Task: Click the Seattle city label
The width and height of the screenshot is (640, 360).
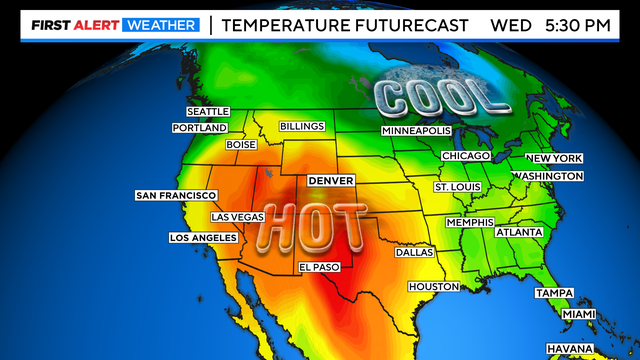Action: click(x=209, y=111)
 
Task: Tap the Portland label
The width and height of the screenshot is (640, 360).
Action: click(x=201, y=128)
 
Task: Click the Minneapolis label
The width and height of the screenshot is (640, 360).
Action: click(x=417, y=131)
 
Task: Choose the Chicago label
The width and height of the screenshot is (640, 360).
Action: click(x=466, y=156)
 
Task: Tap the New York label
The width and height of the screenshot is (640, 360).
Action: click(x=554, y=159)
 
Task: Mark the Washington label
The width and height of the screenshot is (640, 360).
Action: click(x=547, y=176)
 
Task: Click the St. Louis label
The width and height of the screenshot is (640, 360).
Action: click(x=457, y=187)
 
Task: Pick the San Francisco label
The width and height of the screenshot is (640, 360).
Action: click(x=175, y=195)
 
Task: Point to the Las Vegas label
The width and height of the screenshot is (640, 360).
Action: click(x=237, y=217)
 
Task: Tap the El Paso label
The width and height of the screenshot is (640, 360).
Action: click(x=320, y=267)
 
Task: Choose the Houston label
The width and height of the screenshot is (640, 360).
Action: click(x=433, y=287)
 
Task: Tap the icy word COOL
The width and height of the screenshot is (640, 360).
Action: click(x=436, y=97)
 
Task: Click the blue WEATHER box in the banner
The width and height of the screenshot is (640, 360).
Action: click(x=160, y=23)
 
